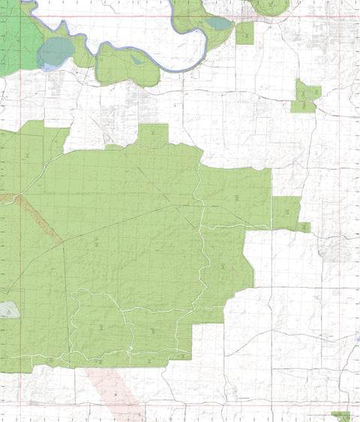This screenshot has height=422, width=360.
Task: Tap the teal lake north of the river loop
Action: tap(218, 23)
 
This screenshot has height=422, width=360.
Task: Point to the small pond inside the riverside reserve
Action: tap(137, 59)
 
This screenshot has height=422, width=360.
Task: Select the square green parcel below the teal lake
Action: tap(244, 33)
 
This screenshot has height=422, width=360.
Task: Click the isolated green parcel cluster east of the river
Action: tap(306, 97)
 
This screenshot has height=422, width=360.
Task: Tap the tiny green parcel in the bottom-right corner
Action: tap(341, 415)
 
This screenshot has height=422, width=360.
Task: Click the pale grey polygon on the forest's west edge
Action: tap(9, 310)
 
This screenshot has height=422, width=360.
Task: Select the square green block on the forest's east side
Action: tap(286, 213)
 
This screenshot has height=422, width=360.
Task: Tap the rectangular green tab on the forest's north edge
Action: tap(153, 135)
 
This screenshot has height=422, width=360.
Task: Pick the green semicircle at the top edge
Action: tap(268, 7)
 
